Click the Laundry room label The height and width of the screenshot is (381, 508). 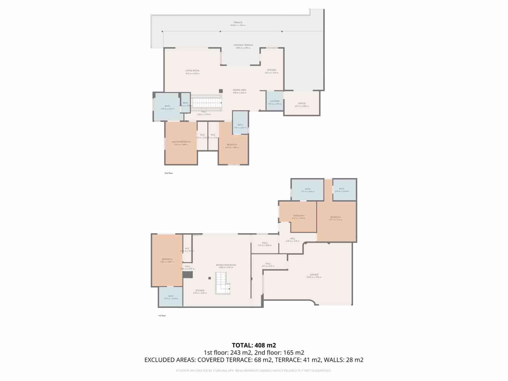275,101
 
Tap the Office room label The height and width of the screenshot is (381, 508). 302,104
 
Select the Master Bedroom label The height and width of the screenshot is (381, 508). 181,142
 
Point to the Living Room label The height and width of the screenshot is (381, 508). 192,71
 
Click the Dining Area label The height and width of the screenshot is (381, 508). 239,90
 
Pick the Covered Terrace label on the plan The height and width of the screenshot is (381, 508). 243,45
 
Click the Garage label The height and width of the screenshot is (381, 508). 314,275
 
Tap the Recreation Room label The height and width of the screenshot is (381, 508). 226,265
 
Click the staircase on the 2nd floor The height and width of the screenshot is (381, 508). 206,103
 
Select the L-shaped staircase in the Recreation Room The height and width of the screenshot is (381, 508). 222,283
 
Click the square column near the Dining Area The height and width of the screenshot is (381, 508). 221,91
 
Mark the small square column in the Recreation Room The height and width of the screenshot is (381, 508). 210,278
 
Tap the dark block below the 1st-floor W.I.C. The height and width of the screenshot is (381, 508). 188,274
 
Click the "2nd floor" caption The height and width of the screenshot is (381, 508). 169,173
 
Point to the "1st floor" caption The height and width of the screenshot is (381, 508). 162,316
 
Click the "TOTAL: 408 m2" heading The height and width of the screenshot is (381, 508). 254,345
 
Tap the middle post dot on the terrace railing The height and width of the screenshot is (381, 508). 220,31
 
